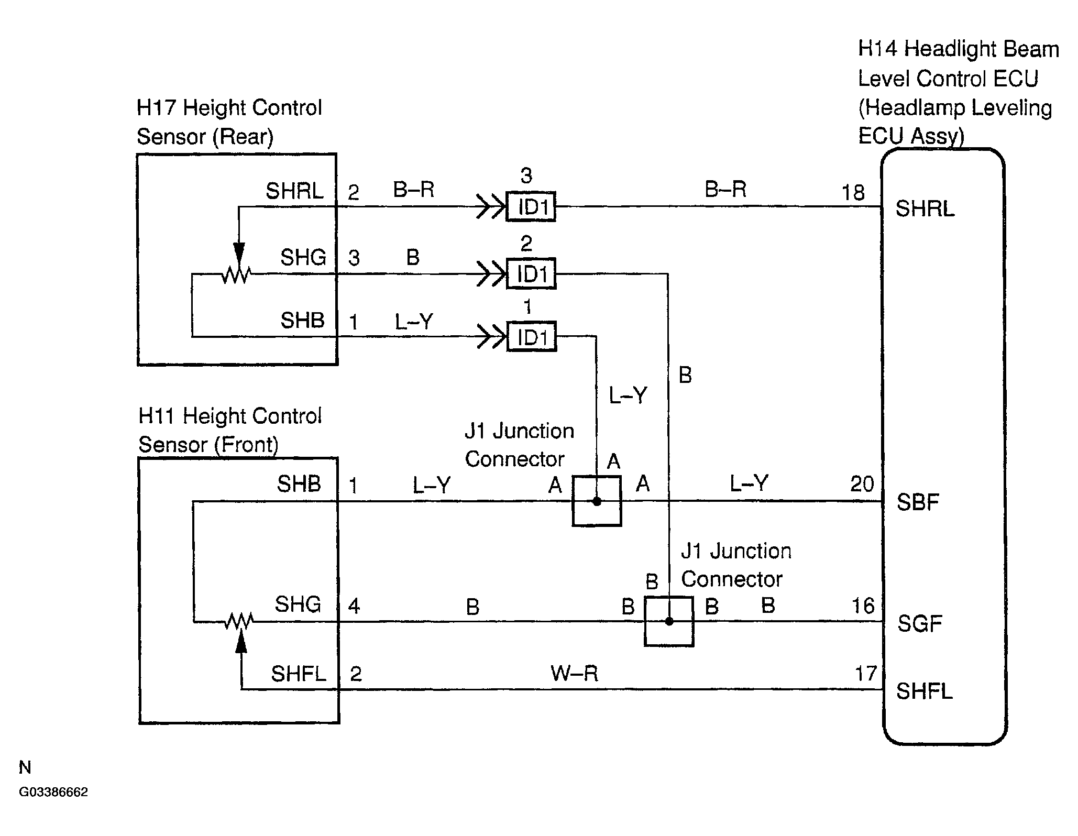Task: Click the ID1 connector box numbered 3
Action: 531,206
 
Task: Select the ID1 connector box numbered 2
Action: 531,273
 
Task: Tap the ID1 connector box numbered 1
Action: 531,336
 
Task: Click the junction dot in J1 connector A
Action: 597,501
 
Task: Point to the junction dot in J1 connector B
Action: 669,621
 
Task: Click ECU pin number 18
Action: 853,193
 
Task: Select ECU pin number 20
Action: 862,484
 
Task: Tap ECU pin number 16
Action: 863,606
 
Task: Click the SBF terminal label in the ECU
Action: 917,502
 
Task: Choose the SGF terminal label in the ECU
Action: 919,623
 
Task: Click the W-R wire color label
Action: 574,673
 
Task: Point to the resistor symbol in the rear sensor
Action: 236,274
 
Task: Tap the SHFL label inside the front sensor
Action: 298,674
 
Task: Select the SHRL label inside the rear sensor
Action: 294,191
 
